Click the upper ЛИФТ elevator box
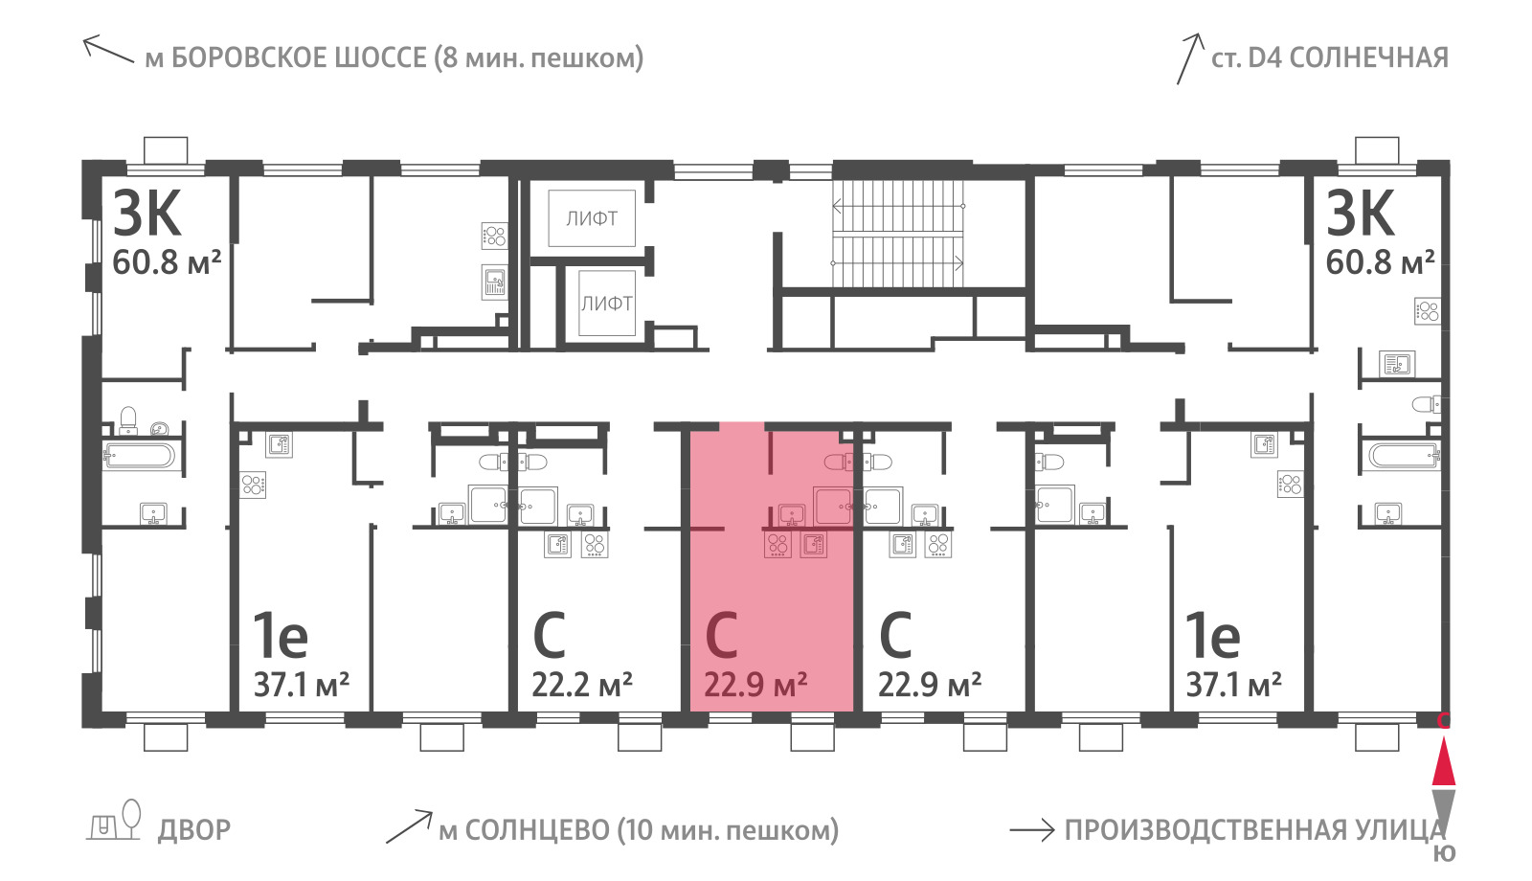pos(592,219)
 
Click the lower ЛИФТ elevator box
pos(607,303)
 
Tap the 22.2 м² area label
pos(582,684)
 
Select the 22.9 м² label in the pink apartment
pos(755,684)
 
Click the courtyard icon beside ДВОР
pos(114,820)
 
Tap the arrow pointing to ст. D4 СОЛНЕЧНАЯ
pos(1190,58)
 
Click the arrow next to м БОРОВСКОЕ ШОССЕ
pos(108,50)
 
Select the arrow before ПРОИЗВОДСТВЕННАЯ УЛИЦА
pos(1032,830)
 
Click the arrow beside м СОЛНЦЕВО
pos(409,827)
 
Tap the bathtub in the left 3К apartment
pos(140,455)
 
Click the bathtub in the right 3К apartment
pos(1404,455)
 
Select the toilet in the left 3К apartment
pos(128,420)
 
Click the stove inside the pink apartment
pos(777,545)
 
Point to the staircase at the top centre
pos(898,234)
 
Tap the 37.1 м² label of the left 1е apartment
pos(302,684)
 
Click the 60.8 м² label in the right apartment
pos(1380,262)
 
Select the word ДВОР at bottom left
pos(194,830)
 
